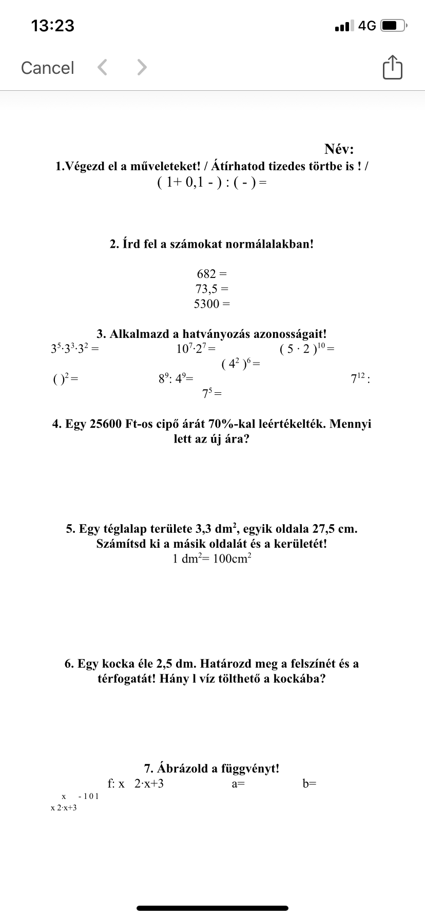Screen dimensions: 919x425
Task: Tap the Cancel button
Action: pos(47,68)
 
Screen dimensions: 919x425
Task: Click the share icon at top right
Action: pos(393,67)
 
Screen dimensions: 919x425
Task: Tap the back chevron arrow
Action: pos(103,67)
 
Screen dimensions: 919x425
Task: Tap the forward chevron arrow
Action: pos(142,67)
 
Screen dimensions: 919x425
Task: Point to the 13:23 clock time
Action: pos(53,26)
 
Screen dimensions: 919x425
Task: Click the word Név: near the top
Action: pos(339,149)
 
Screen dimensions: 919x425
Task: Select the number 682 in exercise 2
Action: pos(206,274)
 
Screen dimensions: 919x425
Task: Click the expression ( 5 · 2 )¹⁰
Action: pos(303,349)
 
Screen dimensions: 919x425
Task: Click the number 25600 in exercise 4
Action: pos(105,424)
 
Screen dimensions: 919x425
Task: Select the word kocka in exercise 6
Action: pos(119,664)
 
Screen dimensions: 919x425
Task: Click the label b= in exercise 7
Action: pos(310,784)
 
